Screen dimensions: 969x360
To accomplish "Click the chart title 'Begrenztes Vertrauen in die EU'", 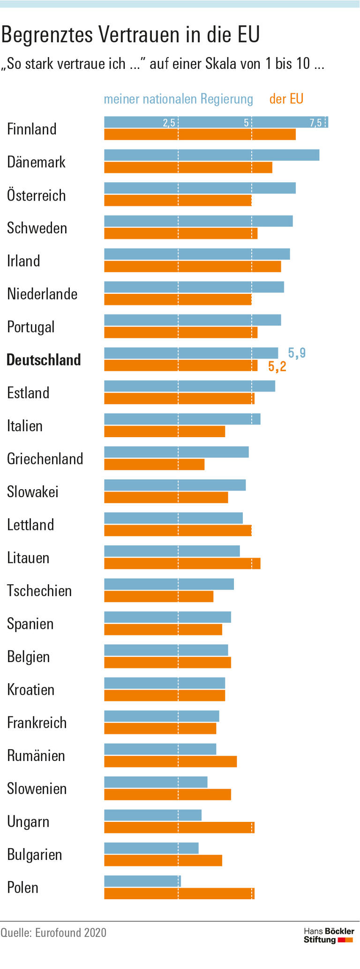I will pyautogui.click(x=130, y=35).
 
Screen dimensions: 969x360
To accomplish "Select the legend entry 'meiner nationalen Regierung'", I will pyautogui.click(x=178, y=99).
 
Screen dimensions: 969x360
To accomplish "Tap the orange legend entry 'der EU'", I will pyautogui.click(x=286, y=99).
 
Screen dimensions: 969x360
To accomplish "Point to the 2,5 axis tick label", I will pyautogui.click(x=169, y=123).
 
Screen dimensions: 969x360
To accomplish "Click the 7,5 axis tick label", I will pyautogui.click(x=315, y=123).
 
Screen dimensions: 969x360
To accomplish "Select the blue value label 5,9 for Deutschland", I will pyautogui.click(x=296, y=353).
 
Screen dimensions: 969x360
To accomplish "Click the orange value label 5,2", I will pyautogui.click(x=277, y=366).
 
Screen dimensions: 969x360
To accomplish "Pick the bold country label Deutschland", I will pyautogui.click(x=44, y=360).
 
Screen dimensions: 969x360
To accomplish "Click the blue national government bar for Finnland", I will pyautogui.click(x=216, y=122).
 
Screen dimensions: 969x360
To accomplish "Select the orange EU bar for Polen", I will pyautogui.click(x=179, y=894).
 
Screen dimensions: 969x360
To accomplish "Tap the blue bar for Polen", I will pyautogui.click(x=142, y=881).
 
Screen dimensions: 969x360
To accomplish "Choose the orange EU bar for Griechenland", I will pyautogui.click(x=154, y=464).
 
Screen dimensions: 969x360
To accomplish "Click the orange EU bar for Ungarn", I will pyautogui.click(x=179, y=827).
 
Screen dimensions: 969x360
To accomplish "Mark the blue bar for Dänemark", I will pyautogui.click(x=211, y=155).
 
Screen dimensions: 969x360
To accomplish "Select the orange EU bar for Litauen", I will pyautogui.click(x=182, y=563).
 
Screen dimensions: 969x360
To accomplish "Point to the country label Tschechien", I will pyautogui.click(x=39, y=591).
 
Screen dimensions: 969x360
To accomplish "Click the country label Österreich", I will pyautogui.click(x=36, y=195).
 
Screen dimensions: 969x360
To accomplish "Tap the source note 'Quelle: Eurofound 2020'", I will pyautogui.click(x=53, y=932).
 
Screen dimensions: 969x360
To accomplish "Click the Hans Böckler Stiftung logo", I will pyautogui.click(x=329, y=935).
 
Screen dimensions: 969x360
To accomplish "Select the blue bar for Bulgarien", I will pyautogui.click(x=151, y=848).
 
